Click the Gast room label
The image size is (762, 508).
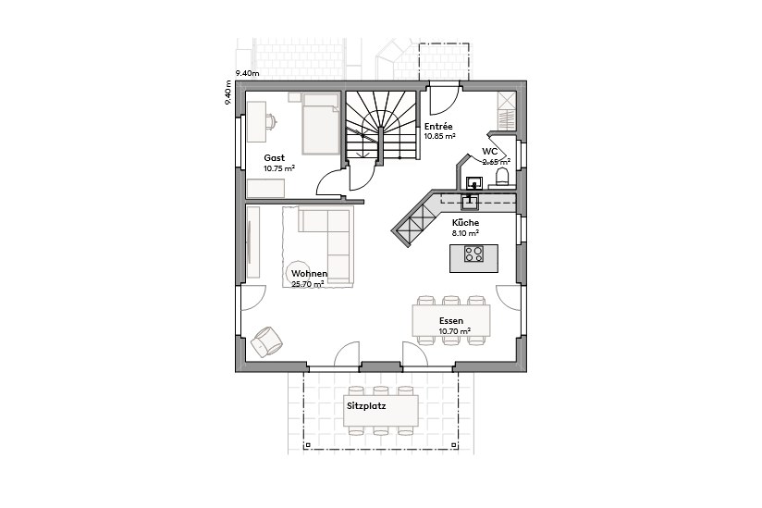point(275,157)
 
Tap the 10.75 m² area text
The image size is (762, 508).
point(279,168)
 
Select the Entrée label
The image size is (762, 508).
point(438,126)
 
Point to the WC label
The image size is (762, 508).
point(490,151)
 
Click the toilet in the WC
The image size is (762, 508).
point(503,176)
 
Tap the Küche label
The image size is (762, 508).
point(465,224)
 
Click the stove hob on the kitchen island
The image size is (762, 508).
point(473,254)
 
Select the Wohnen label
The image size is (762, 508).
point(308,274)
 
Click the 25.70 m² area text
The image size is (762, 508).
point(308,285)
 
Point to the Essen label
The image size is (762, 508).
point(451,320)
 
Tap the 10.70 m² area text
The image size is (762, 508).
point(455,330)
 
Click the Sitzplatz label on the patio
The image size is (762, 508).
point(367,405)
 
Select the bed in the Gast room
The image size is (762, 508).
point(321,123)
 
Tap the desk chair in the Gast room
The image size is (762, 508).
point(271,119)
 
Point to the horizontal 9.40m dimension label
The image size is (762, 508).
point(247,72)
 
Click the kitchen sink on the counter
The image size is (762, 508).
point(471,197)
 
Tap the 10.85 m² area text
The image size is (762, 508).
point(440,136)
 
